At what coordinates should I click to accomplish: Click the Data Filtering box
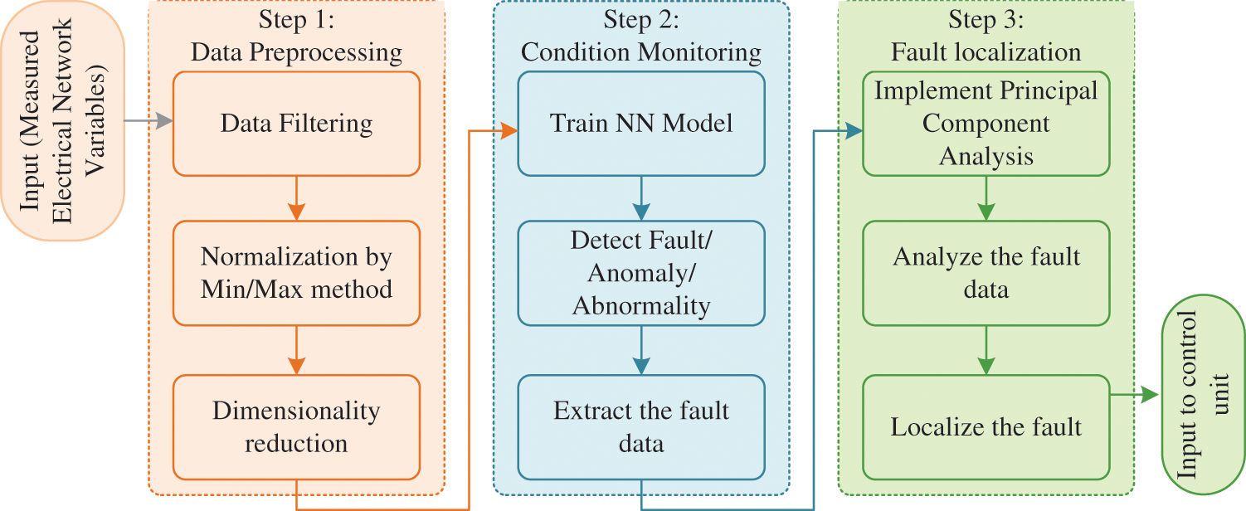(296, 124)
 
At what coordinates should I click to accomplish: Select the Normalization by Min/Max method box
(296, 273)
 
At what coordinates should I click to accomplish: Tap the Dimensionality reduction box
(296, 426)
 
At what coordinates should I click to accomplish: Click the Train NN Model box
(640, 124)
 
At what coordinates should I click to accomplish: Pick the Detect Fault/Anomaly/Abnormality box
(640, 273)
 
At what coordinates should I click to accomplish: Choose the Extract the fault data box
(640, 426)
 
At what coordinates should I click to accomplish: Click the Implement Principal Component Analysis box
(986, 124)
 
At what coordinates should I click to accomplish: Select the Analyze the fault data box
(986, 273)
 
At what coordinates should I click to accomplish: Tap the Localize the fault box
(986, 426)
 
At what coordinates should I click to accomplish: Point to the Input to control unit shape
(1200, 395)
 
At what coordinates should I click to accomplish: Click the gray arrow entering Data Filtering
(149, 122)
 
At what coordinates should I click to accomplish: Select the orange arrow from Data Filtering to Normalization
(296, 198)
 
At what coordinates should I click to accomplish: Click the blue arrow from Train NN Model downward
(640, 198)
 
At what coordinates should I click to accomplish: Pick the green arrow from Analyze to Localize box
(986, 349)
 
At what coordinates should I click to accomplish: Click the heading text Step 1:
(296, 20)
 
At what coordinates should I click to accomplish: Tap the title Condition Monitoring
(640, 53)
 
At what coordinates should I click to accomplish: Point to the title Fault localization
(986, 53)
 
